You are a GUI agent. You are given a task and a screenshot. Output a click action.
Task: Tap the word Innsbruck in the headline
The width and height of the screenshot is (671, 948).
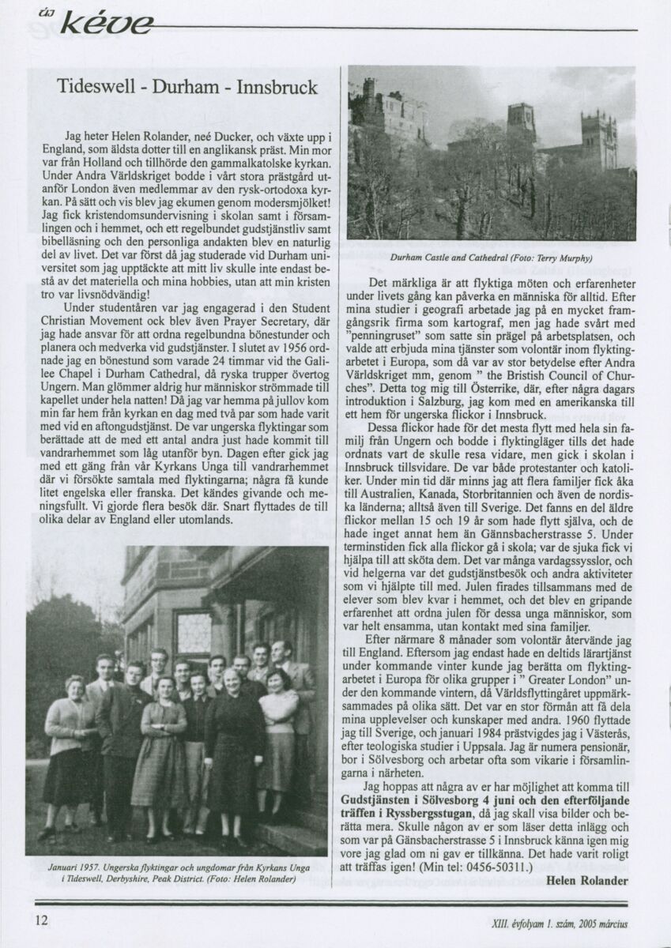click(x=277, y=87)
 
